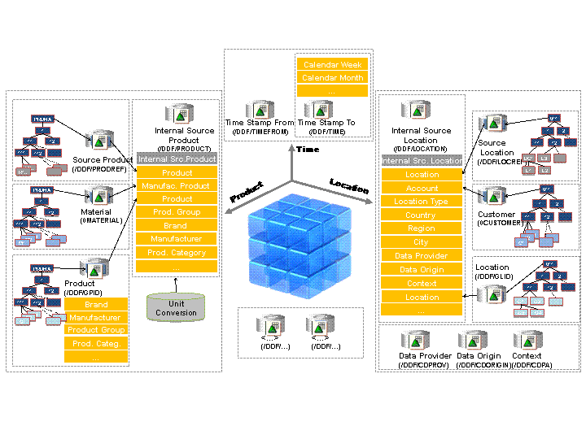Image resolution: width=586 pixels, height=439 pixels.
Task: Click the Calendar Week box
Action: (331, 64)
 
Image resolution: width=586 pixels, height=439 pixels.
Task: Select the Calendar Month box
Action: (331, 78)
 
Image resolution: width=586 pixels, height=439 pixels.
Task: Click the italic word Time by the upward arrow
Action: (308, 150)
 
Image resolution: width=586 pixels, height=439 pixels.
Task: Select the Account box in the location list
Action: (422, 188)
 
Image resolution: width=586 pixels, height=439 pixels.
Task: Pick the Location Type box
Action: (422, 202)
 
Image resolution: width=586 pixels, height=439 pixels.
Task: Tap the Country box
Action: (422, 215)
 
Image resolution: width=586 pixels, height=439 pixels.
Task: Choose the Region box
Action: (422, 228)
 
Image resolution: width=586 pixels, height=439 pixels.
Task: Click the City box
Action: (422, 242)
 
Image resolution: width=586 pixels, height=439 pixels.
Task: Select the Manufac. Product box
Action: (177, 186)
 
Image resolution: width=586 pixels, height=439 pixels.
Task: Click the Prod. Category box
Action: (177, 253)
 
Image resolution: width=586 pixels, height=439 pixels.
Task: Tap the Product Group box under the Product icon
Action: (96, 330)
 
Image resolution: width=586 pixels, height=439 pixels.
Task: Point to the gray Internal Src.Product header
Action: (177, 159)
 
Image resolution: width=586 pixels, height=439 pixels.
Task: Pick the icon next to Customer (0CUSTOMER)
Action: (494, 198)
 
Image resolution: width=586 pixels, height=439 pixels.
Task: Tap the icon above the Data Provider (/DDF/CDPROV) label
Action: (414, 341)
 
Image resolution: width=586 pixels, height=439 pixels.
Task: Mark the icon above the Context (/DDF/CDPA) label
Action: (526, 341)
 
